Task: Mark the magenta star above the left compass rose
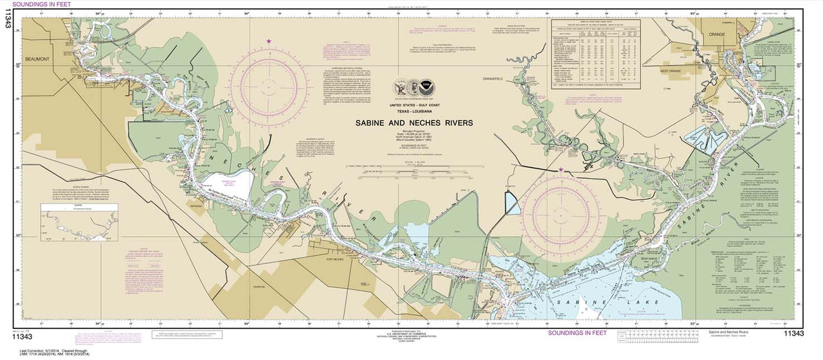(x=269, y=42)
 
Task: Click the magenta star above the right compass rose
(x=561, y=170)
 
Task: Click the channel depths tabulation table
(x=597, y=55)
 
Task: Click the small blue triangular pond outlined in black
(x=512, y=203)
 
